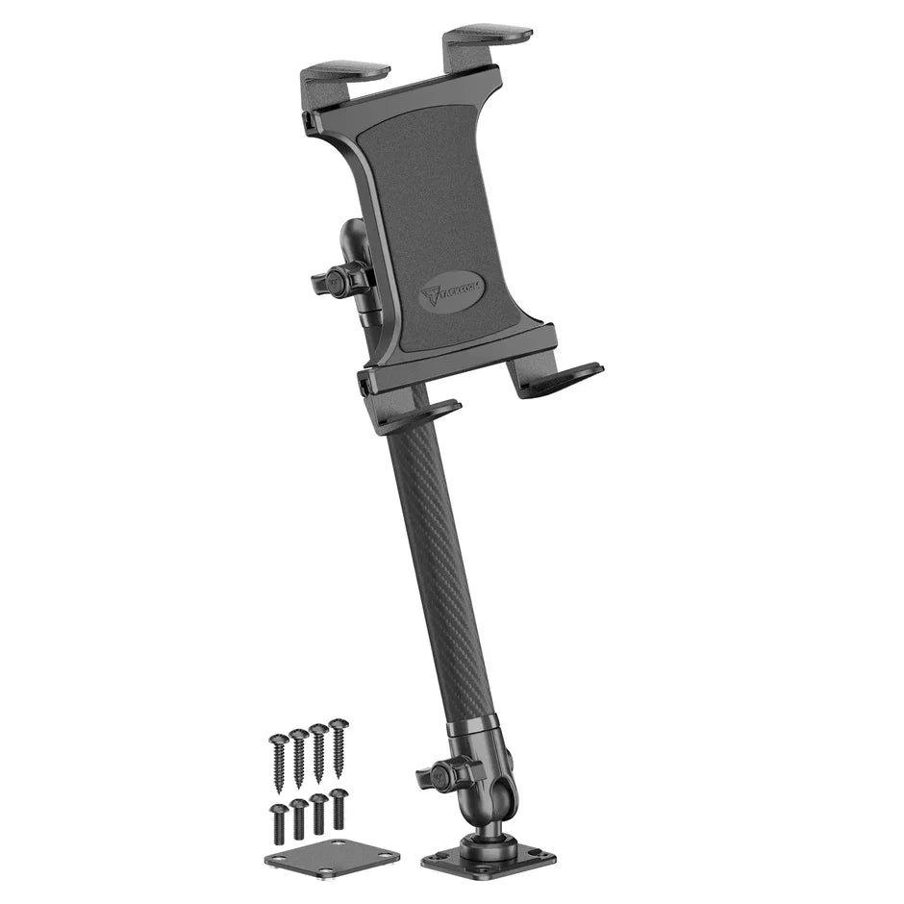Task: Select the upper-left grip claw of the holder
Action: [343, 76]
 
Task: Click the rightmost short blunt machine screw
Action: [339, 806]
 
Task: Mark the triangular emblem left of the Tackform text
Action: [430, 294]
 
